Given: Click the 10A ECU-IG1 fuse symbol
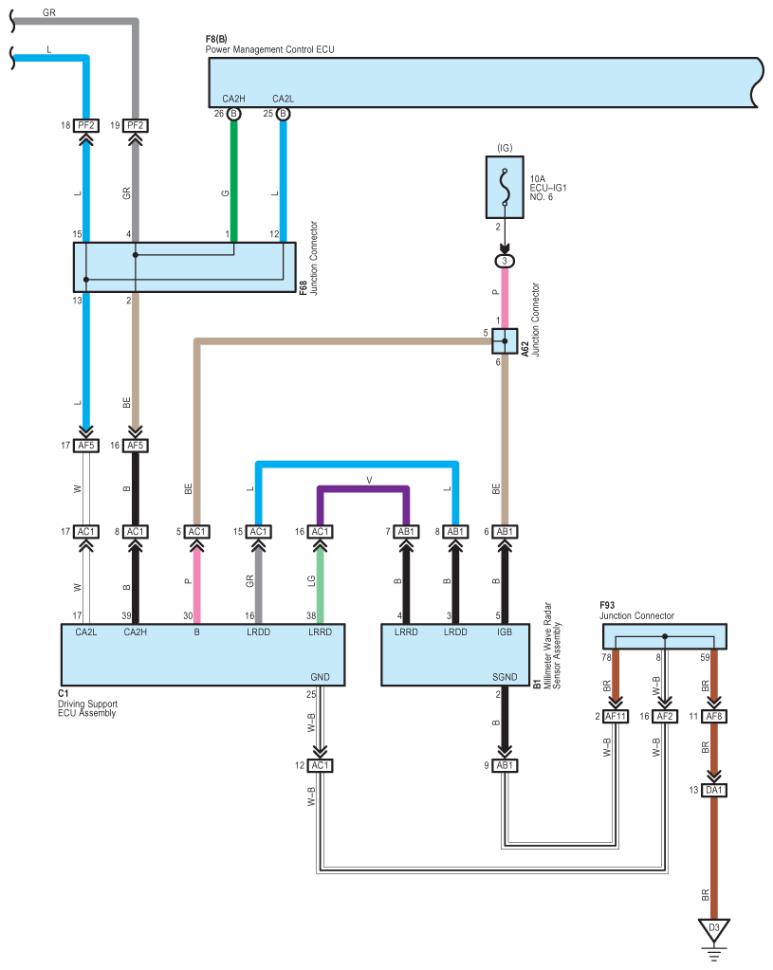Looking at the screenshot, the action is coord(505,187).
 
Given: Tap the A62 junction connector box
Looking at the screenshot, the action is coord(505,340).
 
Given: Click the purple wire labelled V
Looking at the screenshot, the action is coord(363,488).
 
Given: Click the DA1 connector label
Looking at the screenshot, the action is coord(713,790).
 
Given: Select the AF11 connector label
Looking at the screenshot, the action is coord(616,717).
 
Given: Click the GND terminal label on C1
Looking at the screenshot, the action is coord(320,677).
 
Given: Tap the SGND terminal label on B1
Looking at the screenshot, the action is coord(505,677).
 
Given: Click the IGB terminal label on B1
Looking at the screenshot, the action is coord(505,632).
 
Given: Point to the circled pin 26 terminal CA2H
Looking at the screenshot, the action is coord(234,114).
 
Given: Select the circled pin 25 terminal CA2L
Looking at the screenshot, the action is coord(283,114).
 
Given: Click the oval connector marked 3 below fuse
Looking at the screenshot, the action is coord(505,261).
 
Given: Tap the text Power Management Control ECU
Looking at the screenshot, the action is coord(269,49).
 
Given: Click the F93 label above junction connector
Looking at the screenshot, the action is coord(607,605).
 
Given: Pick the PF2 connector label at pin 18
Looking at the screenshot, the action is coord(86,125).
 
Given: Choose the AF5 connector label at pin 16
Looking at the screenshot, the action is coord(135,446).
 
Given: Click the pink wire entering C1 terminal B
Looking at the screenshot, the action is coord(197,585).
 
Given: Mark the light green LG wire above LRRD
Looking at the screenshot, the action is coord(320,585).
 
